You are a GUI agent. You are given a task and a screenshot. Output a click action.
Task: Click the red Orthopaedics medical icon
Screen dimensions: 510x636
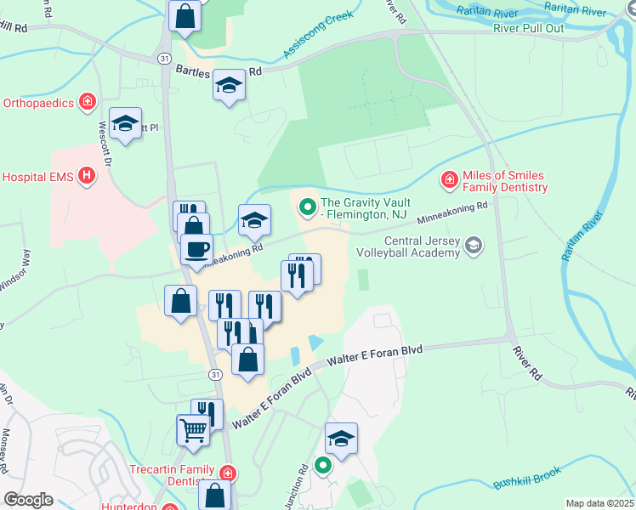pos(87,104)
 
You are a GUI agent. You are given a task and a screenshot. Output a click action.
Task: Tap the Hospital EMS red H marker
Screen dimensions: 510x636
pos(86,177)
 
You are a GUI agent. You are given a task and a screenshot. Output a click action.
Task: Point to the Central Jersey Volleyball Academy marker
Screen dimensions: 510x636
pos(474,246)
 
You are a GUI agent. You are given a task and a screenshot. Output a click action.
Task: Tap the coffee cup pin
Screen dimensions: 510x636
pos(196,250)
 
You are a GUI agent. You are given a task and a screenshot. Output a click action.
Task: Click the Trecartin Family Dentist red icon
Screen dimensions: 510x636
pos(227,473)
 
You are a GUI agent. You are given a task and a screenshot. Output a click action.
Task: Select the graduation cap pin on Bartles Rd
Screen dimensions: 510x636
pos(229,85)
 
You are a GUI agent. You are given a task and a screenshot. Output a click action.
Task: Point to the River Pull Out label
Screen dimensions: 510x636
pos(528,27)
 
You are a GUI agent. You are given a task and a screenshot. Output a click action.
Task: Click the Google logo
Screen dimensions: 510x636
pos(28,500)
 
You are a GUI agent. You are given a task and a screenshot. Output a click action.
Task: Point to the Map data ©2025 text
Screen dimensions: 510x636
pos(599,503)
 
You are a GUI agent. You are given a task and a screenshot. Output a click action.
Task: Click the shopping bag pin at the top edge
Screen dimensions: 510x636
pos(185,15)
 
